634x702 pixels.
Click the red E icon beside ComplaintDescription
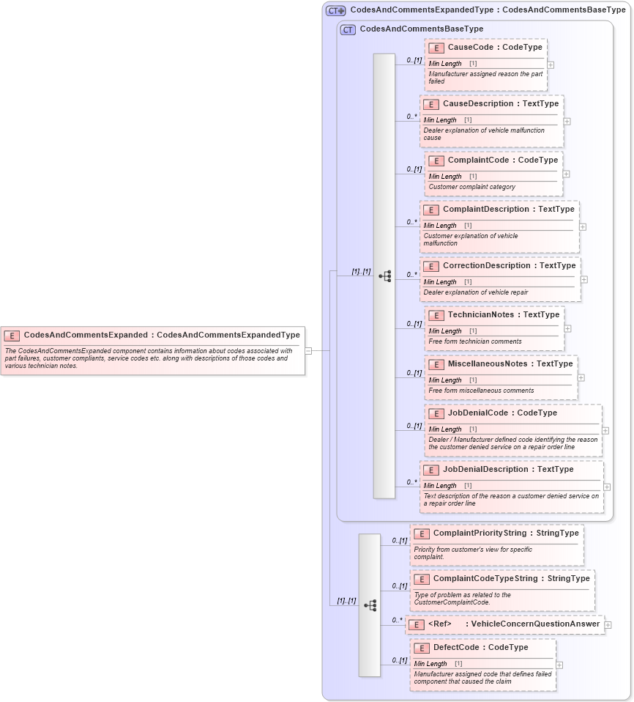pyautogui.click(x=431, y=210)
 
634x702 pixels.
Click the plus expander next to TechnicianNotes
pyautogui.click(x=567, y=329)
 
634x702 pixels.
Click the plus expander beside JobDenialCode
pyautogui.click(x=605, y=431)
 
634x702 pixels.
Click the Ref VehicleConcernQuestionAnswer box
pyautogui.click(x=506, y=624)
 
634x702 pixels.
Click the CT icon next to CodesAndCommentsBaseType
pyautogui.click(x=348, y=30)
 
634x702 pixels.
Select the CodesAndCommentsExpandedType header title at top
pyautogui.click(x=488, y=10)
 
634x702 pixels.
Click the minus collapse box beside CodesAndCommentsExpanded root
pyautogui.click(x=308, y=351)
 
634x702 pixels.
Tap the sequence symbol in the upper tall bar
pyautogui.click(x=384, y=276)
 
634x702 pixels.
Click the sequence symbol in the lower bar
pyautogui.click(x=370, y=605)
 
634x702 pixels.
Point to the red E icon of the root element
pyautogui.click(x=12, y=336)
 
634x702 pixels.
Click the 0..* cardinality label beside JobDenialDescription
pyautogui.click(x=411, y=482)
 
